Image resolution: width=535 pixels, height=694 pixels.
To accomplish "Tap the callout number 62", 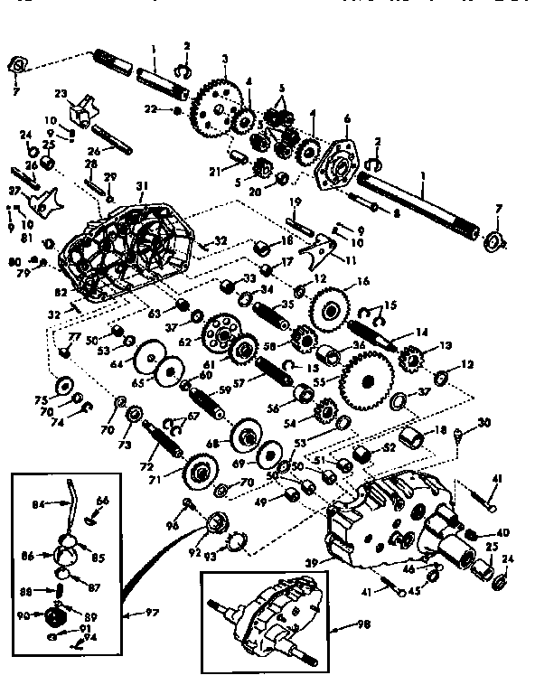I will (x=186, y=343).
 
